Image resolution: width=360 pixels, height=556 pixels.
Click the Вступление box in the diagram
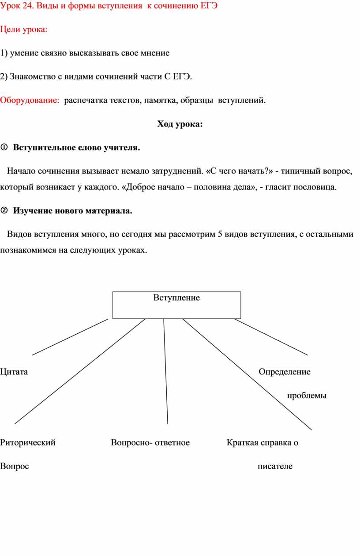(x=176, y=305)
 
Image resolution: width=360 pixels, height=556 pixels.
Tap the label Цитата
(x=14, y=372)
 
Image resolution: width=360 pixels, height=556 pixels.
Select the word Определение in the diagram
(x=284, y=372)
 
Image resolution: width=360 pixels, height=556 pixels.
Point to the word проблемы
(x=307, y=396)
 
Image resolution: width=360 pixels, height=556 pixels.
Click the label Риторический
(x=28, y=443)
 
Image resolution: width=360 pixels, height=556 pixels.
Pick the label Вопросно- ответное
(x=150, y=443)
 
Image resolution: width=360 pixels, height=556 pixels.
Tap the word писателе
(x=275, y=466)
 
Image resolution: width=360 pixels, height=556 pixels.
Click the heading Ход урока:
(x=180, y=124)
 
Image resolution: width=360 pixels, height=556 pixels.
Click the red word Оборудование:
(x=30, y=101)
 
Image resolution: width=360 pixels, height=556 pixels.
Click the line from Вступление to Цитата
(x=70, y=337)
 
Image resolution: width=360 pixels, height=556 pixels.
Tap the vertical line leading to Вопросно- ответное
(x=166, y=370)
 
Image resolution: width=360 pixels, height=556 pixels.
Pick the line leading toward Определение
(x=271, y=337)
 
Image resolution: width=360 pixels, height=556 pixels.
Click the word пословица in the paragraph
(x=315, y=187)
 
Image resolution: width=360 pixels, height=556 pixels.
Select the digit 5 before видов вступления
(x=220, y=234)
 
